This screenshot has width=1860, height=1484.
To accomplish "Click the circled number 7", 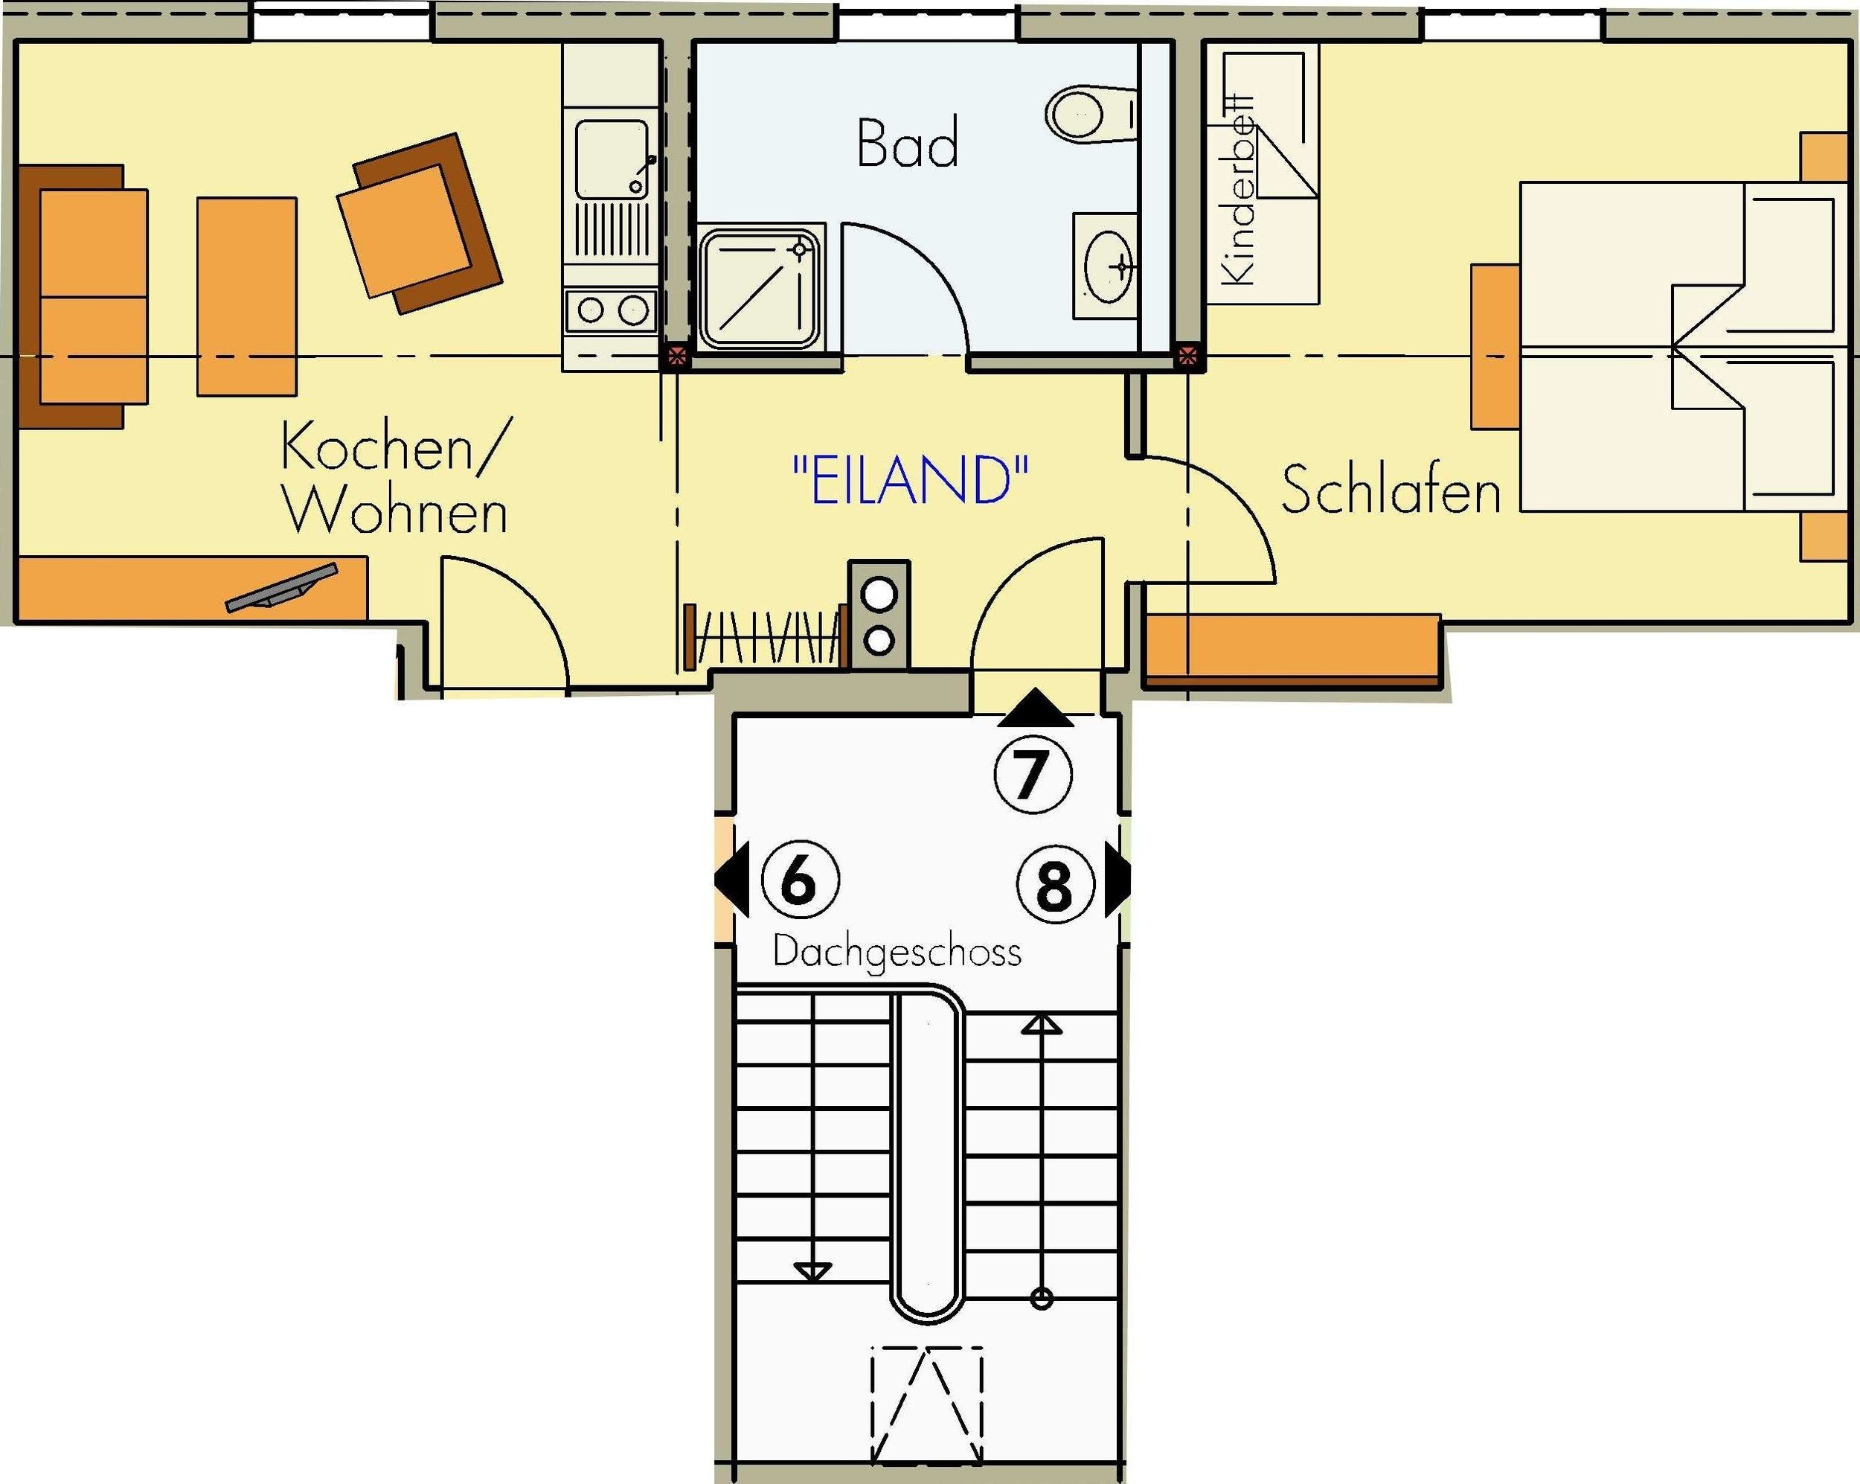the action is (x=1033, y=774).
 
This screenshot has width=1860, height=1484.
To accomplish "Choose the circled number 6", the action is (x=800, y=881).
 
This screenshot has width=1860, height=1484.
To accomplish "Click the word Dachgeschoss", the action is (x=897, y=952).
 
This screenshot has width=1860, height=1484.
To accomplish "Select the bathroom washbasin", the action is (x=1108, y=266).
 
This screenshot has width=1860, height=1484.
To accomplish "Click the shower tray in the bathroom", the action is (x=760, y=288).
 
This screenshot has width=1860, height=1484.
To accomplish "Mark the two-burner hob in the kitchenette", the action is (x=612, y=310).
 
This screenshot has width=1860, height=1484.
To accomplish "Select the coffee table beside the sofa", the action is (x=247, y=297).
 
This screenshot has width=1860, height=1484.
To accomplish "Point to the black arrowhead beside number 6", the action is (x=732, y=881).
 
